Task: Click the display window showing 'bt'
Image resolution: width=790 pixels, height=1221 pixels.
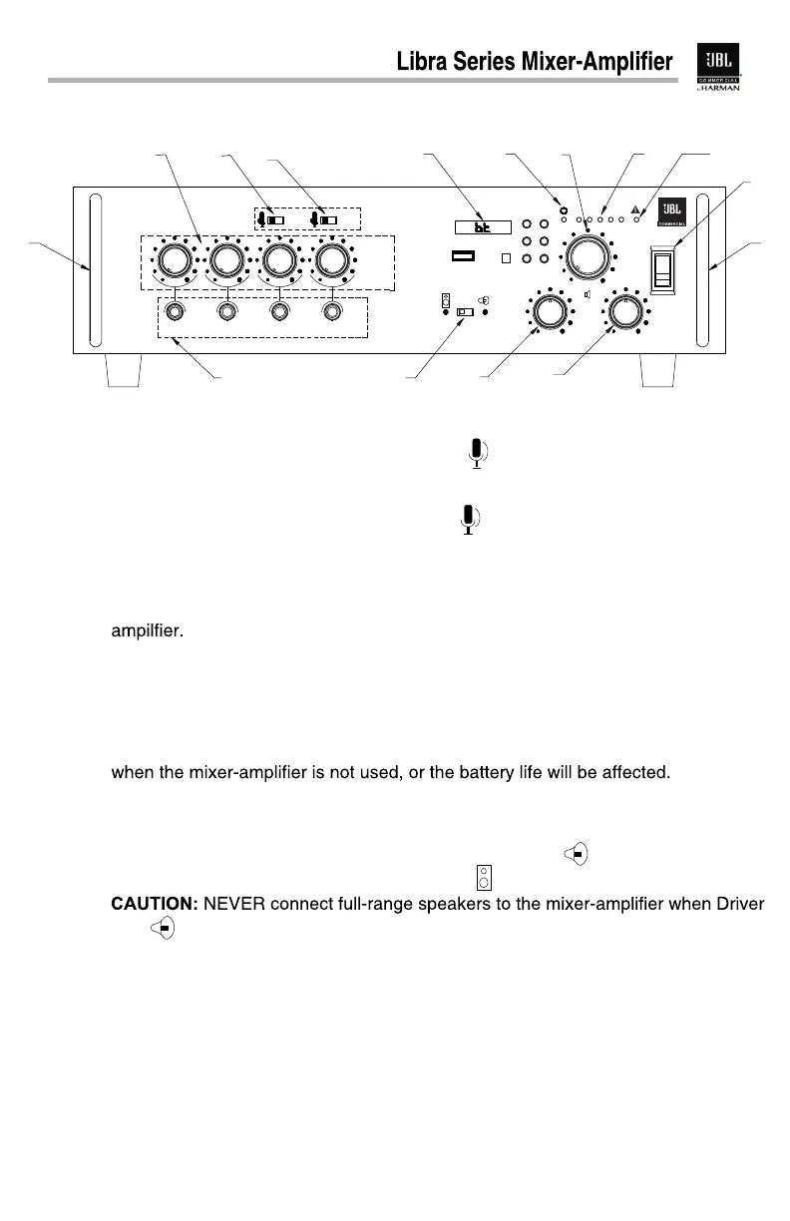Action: (482, 226)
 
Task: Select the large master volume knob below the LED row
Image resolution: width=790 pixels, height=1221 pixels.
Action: (587, 255)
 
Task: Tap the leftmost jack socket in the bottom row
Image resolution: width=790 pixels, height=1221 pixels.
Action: (176, 312)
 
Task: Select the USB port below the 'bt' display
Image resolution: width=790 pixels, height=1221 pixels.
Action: (462, 256)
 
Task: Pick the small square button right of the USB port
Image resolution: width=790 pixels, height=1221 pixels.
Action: (506, 257)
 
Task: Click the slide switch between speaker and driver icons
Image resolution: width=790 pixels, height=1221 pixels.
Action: (464, 312)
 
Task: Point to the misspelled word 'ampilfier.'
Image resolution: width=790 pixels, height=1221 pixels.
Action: (146, 631)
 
